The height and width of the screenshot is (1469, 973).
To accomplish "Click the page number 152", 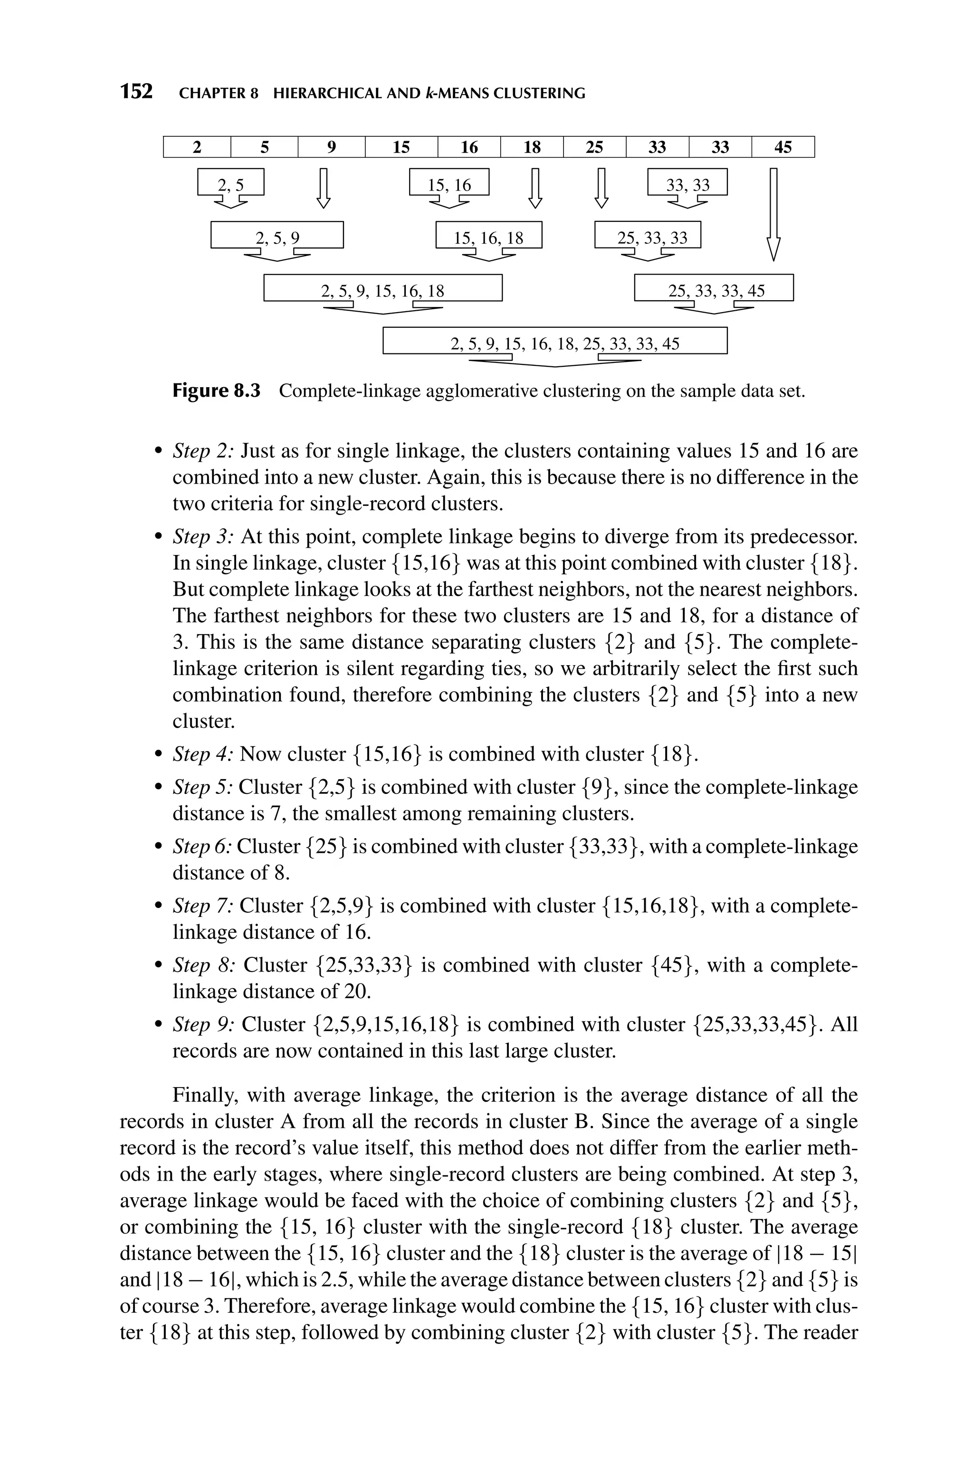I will [136, 92].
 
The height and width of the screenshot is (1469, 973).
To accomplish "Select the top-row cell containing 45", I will [782, 147].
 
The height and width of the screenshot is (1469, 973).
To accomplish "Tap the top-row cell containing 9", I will [331, 147].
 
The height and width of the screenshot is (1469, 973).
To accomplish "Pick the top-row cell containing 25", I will [594, 147].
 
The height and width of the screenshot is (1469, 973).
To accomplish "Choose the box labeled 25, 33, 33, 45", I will [714, 289].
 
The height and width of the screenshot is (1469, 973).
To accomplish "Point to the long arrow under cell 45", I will [773, 214].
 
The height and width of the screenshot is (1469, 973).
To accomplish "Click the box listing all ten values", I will [555, 342].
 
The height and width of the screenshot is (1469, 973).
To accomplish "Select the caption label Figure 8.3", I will [216, 391].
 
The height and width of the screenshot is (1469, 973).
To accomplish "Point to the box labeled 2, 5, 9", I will [277, 236].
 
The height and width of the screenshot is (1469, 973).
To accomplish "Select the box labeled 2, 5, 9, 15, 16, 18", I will [382, 289].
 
